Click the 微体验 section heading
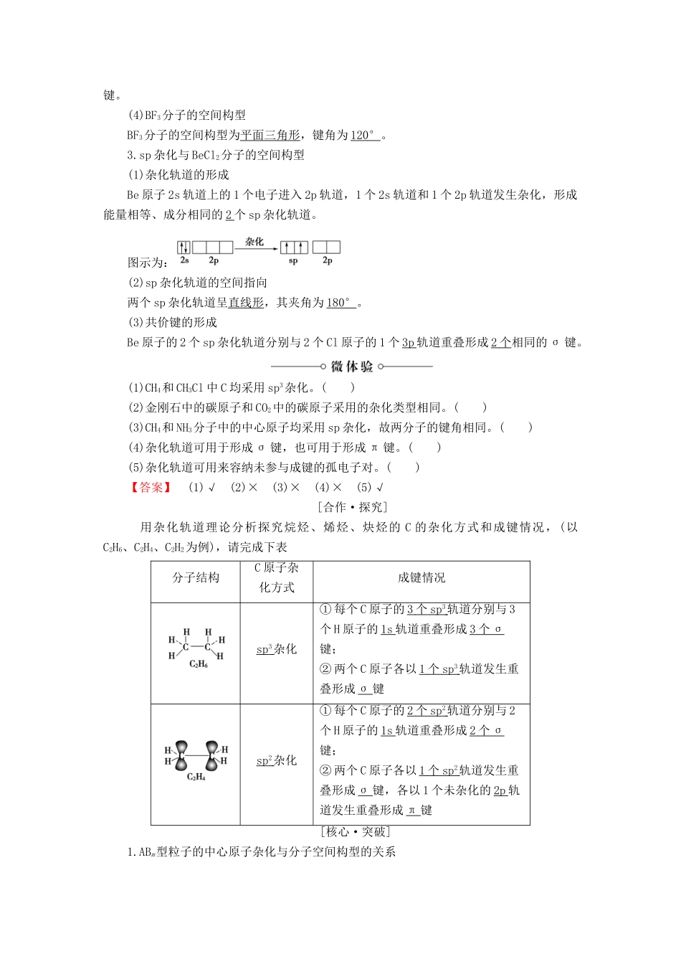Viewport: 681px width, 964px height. click(351, 367)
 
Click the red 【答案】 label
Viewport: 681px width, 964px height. click(151, 487)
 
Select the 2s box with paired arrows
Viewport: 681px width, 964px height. click(184, 247)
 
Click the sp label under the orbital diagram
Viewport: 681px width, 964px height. click(293, 261)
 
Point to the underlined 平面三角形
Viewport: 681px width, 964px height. click(270, 135)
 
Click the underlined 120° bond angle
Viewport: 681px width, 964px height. click(364, 135)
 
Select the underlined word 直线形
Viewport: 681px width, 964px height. click(246, 303)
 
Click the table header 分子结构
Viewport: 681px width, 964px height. click(196, 578)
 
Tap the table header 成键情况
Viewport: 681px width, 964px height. click(422, 578)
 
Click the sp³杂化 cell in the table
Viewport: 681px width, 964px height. click(277, 649)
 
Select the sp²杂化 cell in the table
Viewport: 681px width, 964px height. click(277, 760)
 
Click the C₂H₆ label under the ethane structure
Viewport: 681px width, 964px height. click(199, 664)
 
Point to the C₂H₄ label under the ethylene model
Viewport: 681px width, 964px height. click(196, 777)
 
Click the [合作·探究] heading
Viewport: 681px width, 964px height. click(351, 507)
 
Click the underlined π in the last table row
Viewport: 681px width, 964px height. click(413, 811)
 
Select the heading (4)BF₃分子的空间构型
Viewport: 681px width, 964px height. click(186, 115)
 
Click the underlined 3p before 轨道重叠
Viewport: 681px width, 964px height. click(408, 343)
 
